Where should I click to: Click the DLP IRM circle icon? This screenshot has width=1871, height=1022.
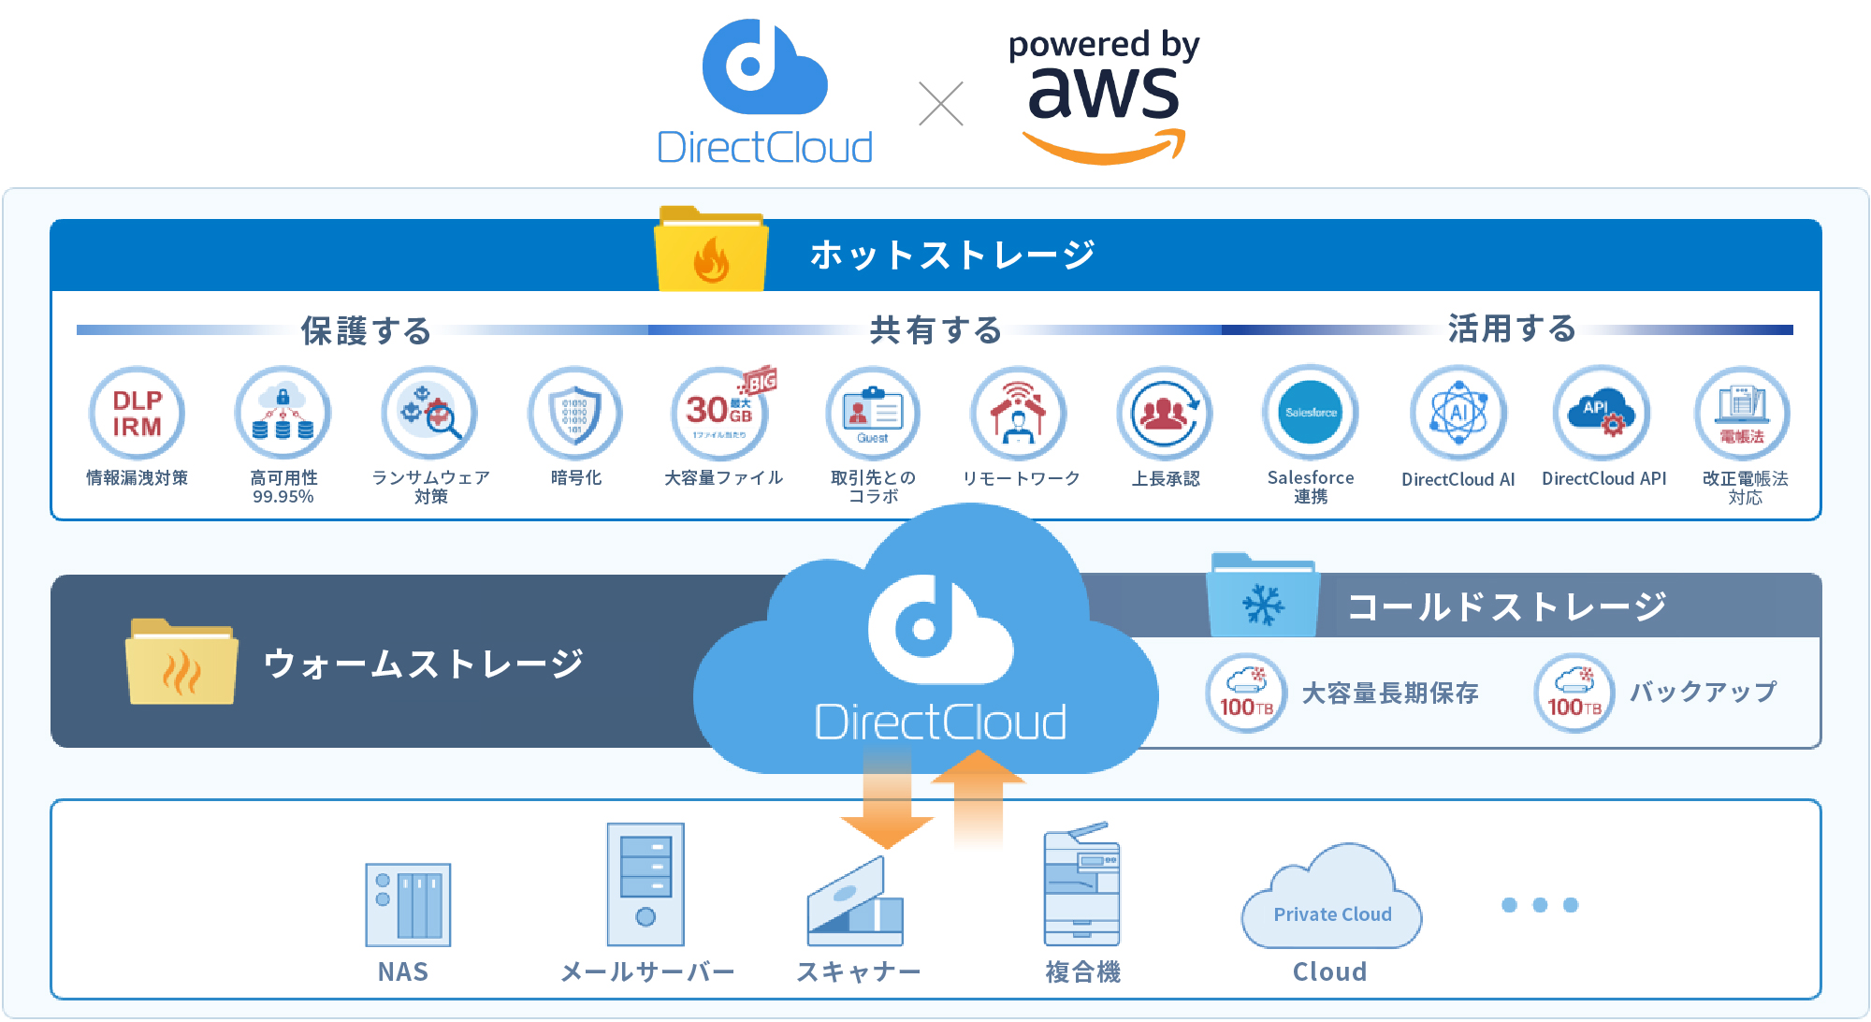click(137, 413)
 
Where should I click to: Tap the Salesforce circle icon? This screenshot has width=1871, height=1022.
click(1310, 413)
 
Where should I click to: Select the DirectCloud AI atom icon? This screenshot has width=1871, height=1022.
click(1458, 413)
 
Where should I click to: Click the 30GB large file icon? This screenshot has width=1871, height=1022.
click(720, 413)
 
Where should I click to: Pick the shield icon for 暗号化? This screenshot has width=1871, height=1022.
click(574, 413)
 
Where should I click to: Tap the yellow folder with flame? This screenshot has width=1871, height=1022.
click(711, 250)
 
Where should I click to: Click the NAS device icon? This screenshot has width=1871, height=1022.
click(408, 904)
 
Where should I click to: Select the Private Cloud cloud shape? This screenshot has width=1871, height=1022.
click(1332, 898)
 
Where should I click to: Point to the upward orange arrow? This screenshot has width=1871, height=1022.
click(979, 796)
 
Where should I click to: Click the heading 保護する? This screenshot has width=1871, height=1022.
click(366, 330)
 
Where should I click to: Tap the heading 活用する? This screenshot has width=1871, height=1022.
click(1512, 328)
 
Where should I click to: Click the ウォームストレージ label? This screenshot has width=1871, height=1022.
click(424, 664)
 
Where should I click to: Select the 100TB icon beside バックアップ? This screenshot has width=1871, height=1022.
click(1574, 693)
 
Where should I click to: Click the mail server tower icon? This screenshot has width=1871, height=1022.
click(645, 883)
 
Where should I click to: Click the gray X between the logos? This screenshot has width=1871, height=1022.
click(941, 104)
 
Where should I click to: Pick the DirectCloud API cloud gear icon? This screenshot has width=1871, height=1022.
click(1603, 413)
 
